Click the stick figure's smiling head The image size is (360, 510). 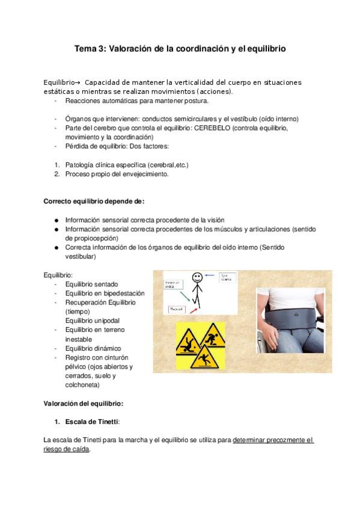point(197,278)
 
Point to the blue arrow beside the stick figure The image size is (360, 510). point(210,275)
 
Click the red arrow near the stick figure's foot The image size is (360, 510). point(194,310)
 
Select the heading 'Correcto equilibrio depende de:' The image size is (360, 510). point(94,201)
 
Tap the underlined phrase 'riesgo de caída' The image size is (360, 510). point(67,449)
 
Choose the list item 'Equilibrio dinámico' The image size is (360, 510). point(93,348)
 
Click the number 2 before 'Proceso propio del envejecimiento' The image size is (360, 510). point(56,174)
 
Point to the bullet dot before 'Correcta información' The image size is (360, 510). point(56,247)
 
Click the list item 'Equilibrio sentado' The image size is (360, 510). point(91,284)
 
